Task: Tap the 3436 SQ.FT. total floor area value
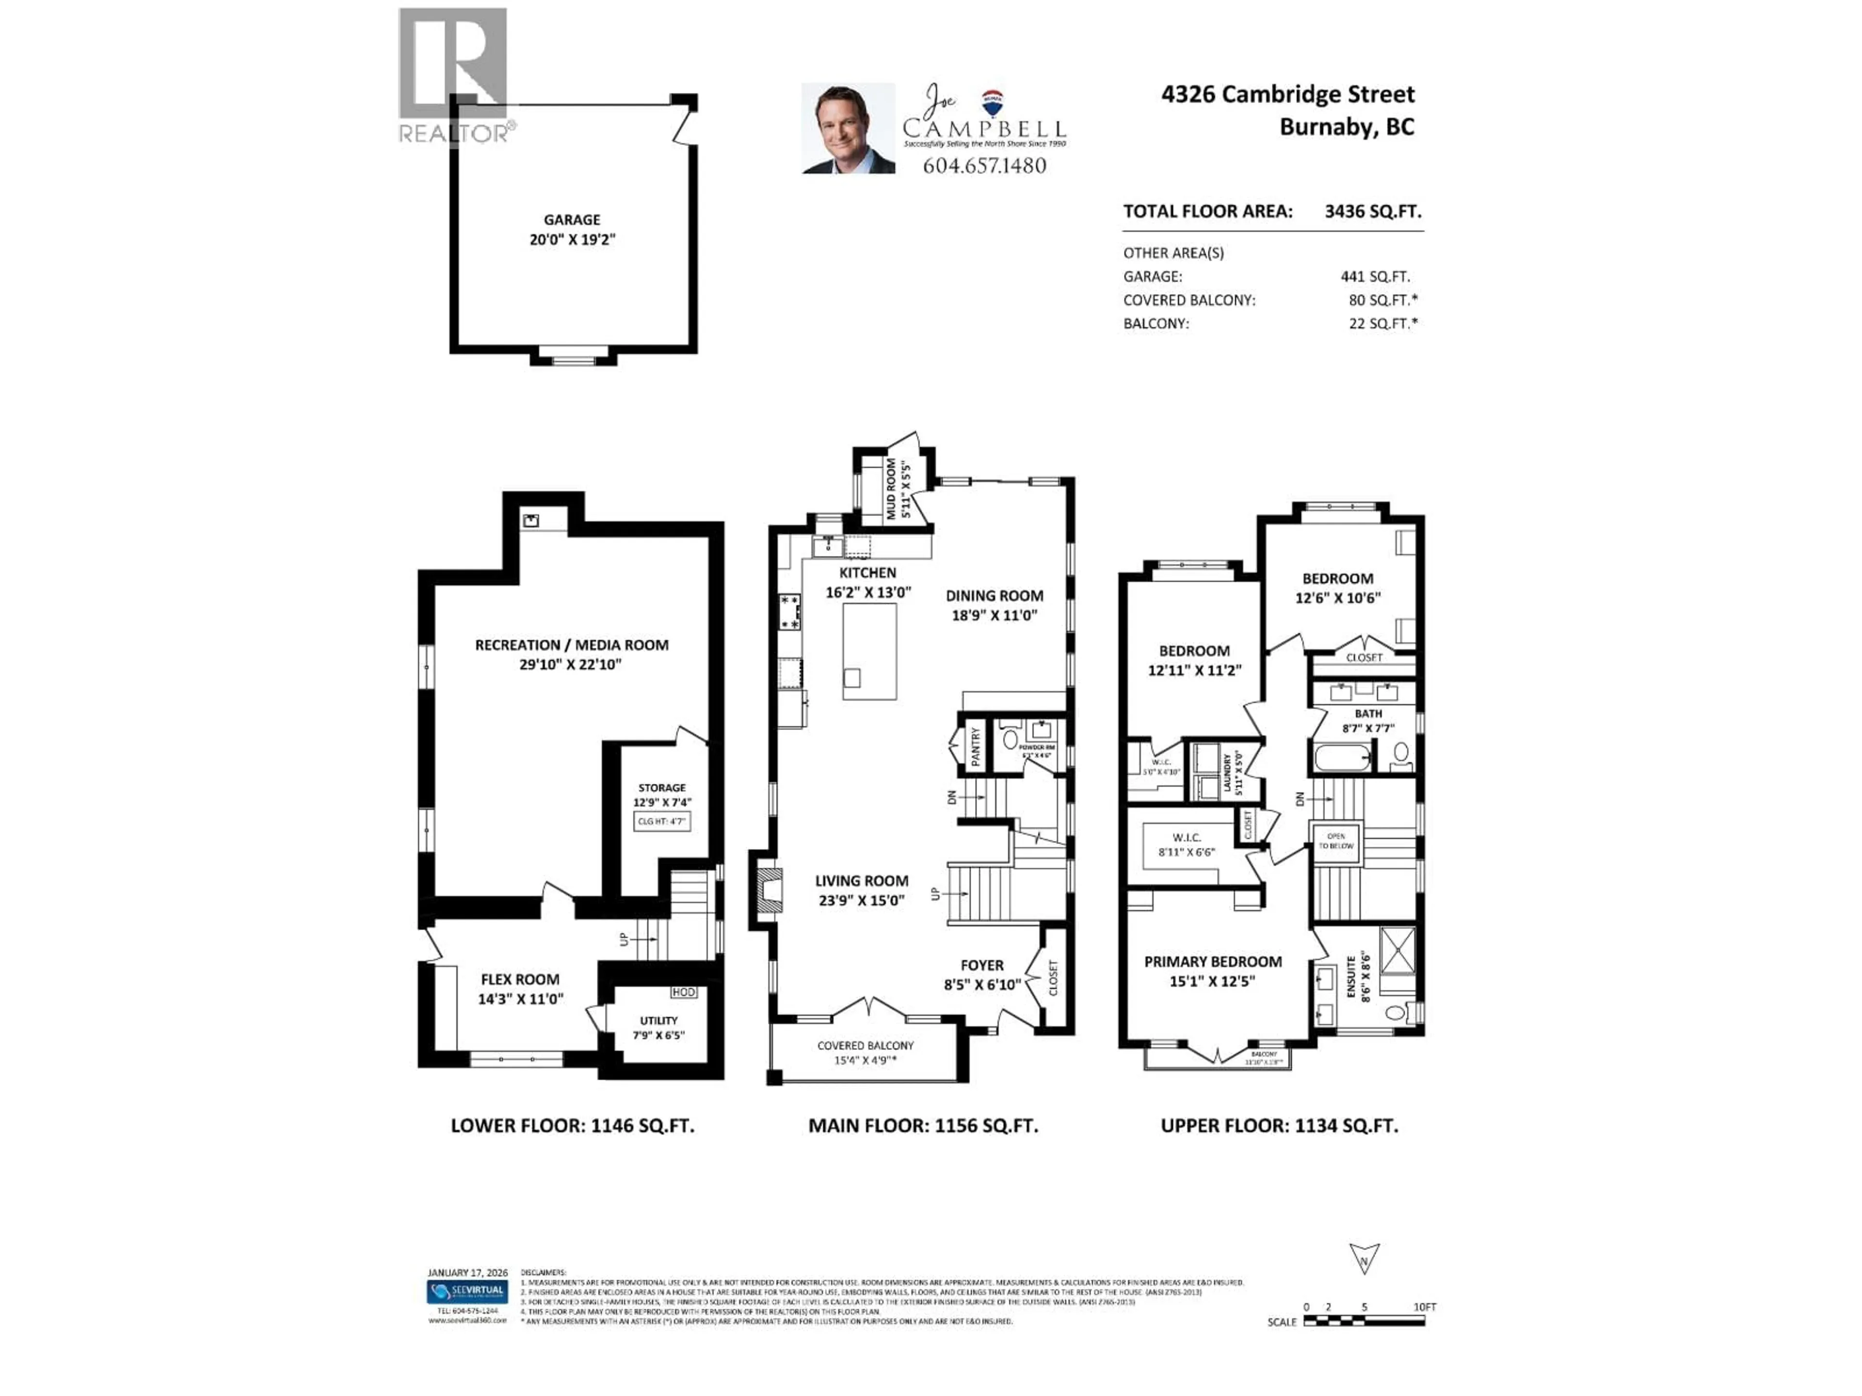[x=1372, y=211]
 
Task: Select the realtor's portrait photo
[x=848, y=129]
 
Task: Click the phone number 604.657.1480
[x=984, y=166]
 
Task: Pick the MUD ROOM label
[x=891, y=488]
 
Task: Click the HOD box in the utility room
[x=684, y=992]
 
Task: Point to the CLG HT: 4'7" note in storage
[x=661, y=821]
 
